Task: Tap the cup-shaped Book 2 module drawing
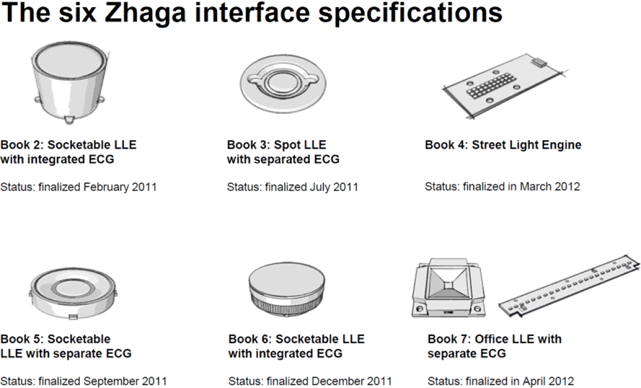(x=69, y=82)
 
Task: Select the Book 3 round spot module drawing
(x=283, y=83)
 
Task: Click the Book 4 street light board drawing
(x=505, y=86)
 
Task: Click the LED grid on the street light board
(x=490, y=86)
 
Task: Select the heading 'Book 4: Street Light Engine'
(x=503, y=145)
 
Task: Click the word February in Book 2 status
(x=106, y=187)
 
